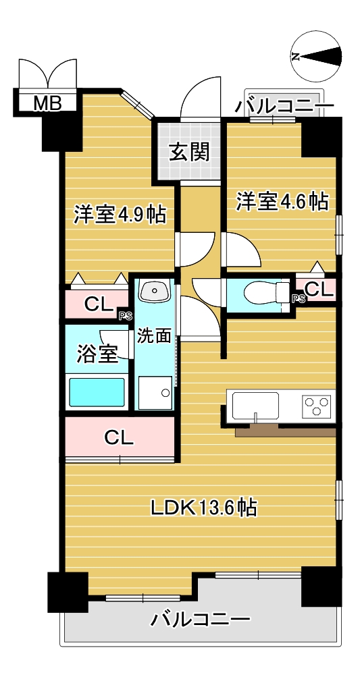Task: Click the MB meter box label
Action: click(x=48, y=103)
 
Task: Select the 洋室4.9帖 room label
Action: click(x=120, y=214)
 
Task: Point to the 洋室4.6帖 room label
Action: click(x=282, y=201)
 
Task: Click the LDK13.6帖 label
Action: click(x=204, y=508)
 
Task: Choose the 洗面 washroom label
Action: click(x=154, y=335)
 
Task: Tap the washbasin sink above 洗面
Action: click(x=154, y=292)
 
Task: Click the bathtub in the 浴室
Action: click(x=97, y=391)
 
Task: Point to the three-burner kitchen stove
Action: click(x=317, y=404)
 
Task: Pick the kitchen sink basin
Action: click(x=255, y=405)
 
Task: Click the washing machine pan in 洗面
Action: click(x=155, y=393)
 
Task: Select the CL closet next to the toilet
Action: click(x=319, y=290)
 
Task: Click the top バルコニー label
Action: click(x=284, y=105)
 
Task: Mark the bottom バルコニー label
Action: click(x=200, y=620)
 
